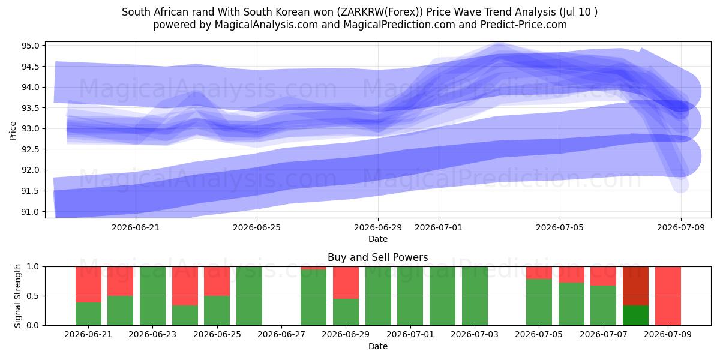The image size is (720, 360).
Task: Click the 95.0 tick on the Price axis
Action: point(30,46)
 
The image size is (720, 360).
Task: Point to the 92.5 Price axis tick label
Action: point(30,149)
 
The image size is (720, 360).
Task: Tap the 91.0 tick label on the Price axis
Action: point(30,212)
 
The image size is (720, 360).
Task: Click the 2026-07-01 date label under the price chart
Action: point(439,228)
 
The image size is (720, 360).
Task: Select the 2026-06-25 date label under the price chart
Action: point(257,228)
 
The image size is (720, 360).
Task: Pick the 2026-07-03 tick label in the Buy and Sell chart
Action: point(475,335)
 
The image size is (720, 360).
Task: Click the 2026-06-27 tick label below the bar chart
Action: point(281,335)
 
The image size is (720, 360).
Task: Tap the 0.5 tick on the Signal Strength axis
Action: point(32,296)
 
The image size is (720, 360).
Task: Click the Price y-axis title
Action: point(13,131)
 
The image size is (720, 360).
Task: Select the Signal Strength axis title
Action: point(17,296)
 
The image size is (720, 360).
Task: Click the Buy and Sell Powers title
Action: point(377,257)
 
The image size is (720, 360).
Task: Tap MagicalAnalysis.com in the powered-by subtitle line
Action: point(266,25)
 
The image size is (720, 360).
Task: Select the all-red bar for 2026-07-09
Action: point(668,296)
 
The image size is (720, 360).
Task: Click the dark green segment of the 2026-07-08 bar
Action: point(635,316)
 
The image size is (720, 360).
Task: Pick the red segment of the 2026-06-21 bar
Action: point(88,284)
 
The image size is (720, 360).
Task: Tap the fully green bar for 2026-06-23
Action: point(152,296)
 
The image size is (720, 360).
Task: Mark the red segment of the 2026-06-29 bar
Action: point(346,283)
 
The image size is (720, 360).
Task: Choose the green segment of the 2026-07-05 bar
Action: point(539,302)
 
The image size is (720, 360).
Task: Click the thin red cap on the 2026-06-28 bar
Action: point(313,268)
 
